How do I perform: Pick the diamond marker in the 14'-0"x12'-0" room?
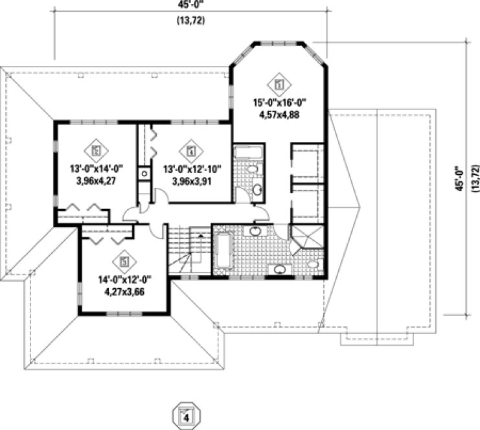[x=124, y=262]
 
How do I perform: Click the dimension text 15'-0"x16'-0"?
[x=279, y=102]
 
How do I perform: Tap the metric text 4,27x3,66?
[x=124, y=291]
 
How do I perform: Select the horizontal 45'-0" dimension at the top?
[x=188, y=5]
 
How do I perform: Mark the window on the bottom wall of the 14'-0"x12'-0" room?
[x=119, y=314]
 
